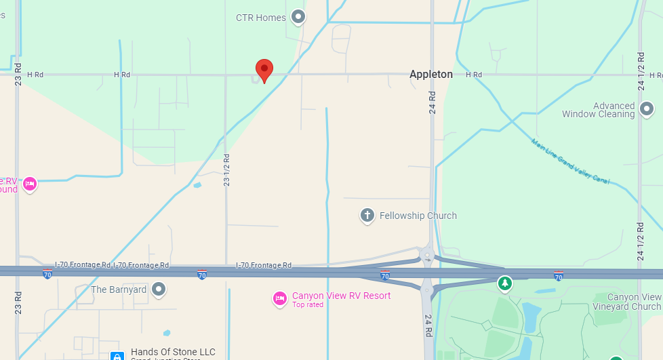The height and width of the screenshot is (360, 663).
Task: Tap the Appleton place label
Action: point(430,75)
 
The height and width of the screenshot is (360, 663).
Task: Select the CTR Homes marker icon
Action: point(298,17)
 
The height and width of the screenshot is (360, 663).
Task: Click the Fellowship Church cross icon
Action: point(367,216)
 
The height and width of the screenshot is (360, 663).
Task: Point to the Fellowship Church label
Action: point(418,216)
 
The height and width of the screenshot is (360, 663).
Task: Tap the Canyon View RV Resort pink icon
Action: point(279,298)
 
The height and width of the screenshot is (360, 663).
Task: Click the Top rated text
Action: point(308,305)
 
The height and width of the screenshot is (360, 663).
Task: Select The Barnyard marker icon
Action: point(159,289)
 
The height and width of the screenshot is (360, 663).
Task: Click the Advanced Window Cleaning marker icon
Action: point(647,108)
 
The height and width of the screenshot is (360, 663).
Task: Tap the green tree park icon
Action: point(504,282)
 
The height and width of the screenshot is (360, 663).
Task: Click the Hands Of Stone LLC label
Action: point(173,352)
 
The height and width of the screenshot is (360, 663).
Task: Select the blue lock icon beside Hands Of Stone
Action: point(117,355)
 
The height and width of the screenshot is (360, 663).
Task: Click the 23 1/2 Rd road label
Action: point(226,170)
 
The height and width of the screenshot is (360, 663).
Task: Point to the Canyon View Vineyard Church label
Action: point(634,302)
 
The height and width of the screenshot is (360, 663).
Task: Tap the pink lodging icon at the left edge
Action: point(29,184)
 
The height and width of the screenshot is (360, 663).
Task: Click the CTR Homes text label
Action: point(261,18)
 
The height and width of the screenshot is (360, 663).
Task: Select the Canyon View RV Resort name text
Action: point(341,296)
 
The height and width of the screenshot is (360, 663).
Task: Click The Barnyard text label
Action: point(119,289)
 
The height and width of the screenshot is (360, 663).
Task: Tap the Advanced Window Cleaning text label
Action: point(599,110)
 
